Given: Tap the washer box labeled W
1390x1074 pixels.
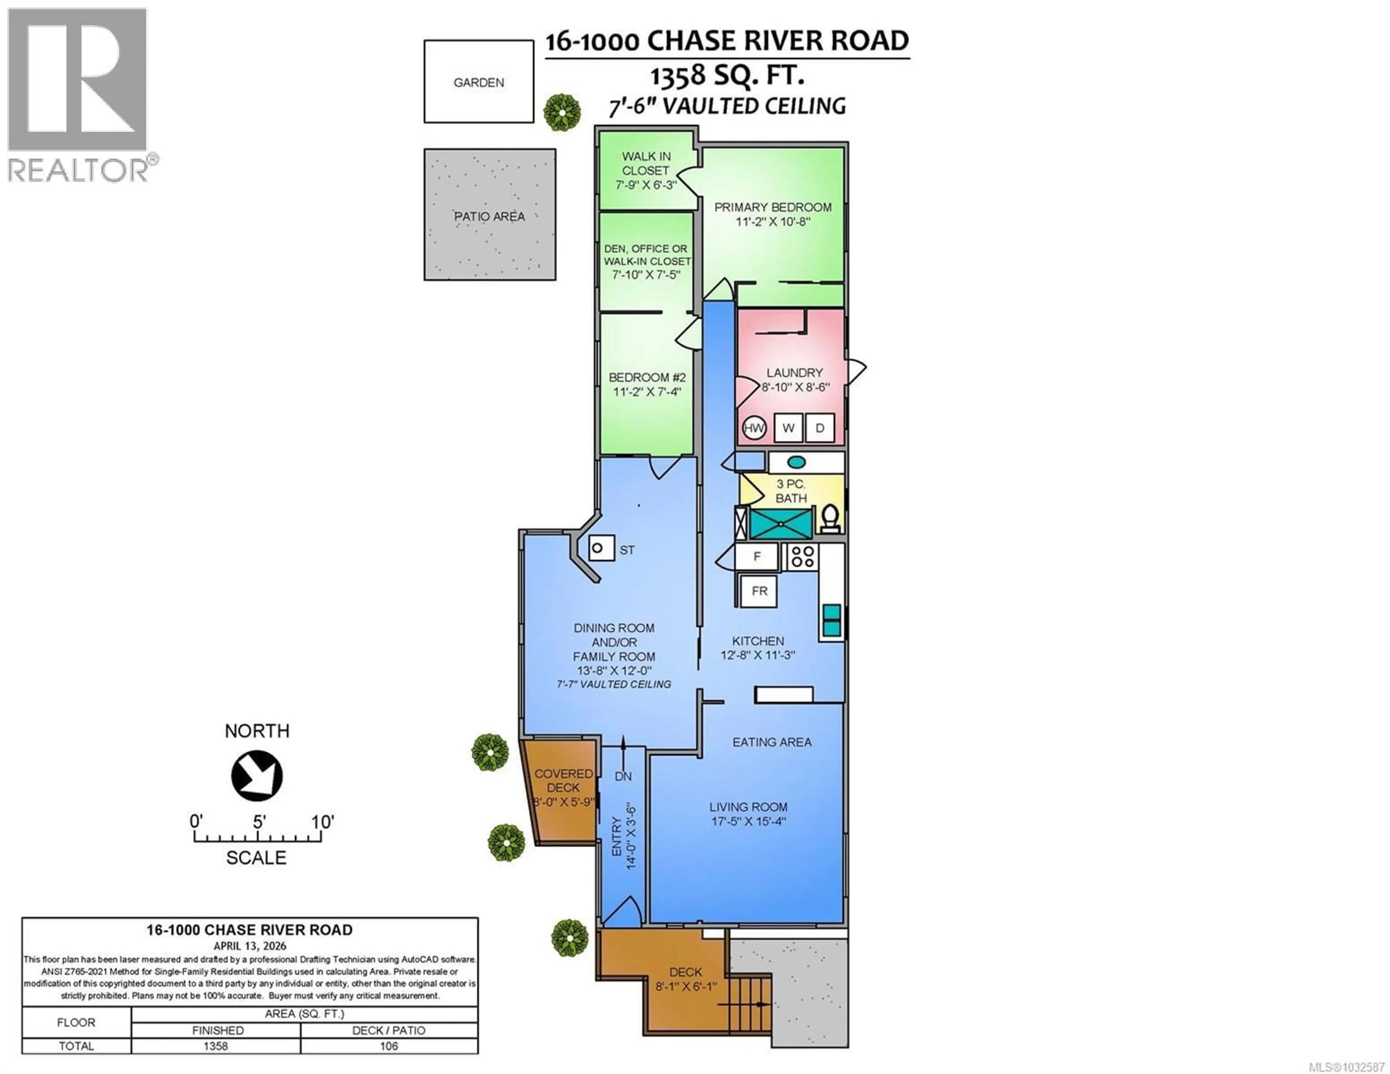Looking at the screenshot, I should tap(788, 428).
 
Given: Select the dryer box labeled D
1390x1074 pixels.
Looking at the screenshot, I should tap(820, 428).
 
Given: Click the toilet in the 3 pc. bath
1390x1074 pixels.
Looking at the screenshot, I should tap(830, 519).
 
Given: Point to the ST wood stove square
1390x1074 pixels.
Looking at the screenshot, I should tap(601, 548).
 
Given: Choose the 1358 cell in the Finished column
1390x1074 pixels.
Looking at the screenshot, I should tap(216, 1046).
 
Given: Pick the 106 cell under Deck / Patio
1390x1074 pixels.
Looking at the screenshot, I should tap(388, 1046).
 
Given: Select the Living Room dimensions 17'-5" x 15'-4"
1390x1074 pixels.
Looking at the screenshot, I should tap(749, 821).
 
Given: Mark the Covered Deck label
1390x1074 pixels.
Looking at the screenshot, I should tap(563, 780).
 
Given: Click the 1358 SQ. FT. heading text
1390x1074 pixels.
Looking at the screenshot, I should tap(727, 75).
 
